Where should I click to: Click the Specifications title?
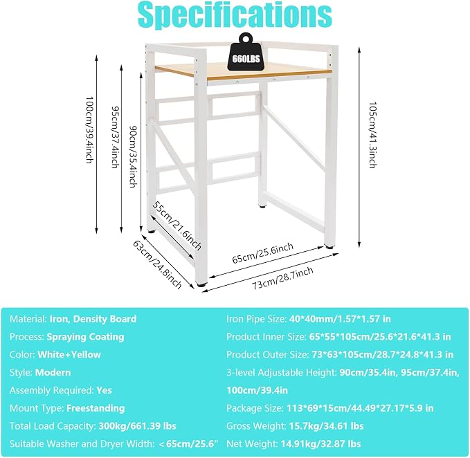pyautogui.click(x=235, y=15)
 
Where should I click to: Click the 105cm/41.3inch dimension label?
pyautogui.click(x=372, y=135)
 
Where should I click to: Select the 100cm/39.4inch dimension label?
pyautogui.click(x=89, y=129)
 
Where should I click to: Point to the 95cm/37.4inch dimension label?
pyautogui.click(x=115, y=137)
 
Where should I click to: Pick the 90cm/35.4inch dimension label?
pyautogui.click(x=132, y=156)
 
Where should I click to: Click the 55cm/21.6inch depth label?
pyautogui.click(x=177, y=226)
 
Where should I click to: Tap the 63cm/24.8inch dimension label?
pyautogui.click(x=157, y=265)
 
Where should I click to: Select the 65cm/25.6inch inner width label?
pyautogui.click(x=263, y=253)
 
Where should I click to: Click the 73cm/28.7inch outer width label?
pyautogui.click(x=282, y=278)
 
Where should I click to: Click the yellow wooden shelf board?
pyautogui.click(x=243, y=72)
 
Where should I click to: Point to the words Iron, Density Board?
pyautogui.click(x=93, y=319)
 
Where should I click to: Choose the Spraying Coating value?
pyautogui.click(x=85, y=337)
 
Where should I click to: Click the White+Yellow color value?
pyautogui.click(x=69, y=355)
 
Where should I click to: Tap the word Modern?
pyautogui.click(x=53, y=373)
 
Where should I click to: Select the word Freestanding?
pyautogui.click(x=96, y=408)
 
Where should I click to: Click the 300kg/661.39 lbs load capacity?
pyautogui.click(x=137, y=426)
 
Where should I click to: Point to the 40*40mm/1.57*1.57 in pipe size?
pyautogui.click(x=340, y=319)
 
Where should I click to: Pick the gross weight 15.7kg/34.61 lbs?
pyautogui.click(x=327, y=426)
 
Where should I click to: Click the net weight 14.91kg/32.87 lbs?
pyautogui.click(x=320, y=444)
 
